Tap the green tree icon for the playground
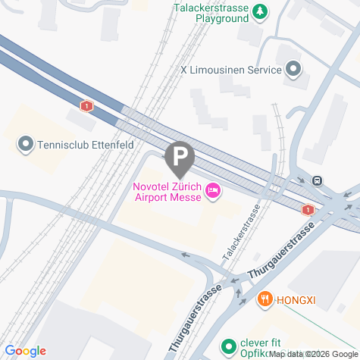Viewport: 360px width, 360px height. click(x=260, y=11)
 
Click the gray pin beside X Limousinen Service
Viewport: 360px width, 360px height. click(x=293, y=70)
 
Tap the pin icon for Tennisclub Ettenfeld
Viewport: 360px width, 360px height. click(x=26, y=143)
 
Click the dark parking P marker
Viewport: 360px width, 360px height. click(x=180, y=157)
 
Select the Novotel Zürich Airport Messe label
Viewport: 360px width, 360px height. click(x=167, y=192)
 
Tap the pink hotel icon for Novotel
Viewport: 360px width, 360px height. click(x=213, y=193)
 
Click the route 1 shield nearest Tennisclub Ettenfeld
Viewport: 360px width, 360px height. click(x=89, y=106)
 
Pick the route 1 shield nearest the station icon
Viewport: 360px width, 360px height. click(x=308, y=209)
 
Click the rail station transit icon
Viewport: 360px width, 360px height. click(x=317, y=181)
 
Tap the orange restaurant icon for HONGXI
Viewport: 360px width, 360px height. click(x=265, y=299)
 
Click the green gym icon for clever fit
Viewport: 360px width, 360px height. click(x=228, y=346)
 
